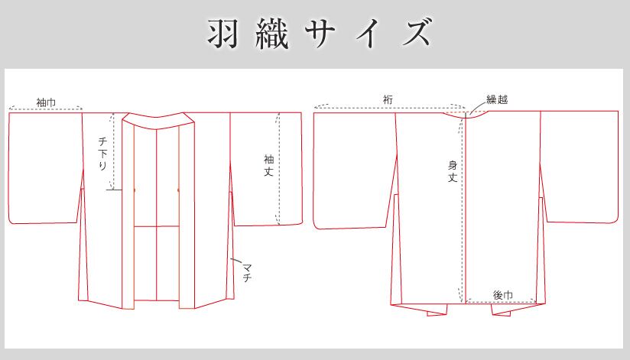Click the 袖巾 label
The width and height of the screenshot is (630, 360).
(x=46, y=102)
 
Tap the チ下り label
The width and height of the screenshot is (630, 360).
(x=103, y=153)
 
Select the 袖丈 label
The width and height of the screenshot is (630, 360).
(x=268, y=165)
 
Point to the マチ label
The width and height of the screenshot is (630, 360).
(x=247, y=272)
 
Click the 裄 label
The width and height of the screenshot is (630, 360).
(x=388, y=99)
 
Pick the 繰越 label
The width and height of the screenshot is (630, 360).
(x=497, y=99)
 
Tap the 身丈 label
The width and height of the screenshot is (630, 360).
(x=453, y=171)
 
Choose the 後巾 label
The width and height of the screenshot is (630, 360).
(x=502, y=295)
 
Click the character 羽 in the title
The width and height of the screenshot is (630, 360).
(x=223, y=33)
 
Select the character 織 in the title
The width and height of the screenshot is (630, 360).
(x=272, y=33)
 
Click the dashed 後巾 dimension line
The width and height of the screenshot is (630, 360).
(x=501, y=301)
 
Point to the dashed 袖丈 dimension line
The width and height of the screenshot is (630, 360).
(x=278, y=169)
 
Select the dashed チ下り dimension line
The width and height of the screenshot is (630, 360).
(x=113, y=151)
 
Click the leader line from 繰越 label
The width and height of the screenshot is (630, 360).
(x=477, y=107)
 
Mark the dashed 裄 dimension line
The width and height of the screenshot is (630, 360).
(x=390, y=107)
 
